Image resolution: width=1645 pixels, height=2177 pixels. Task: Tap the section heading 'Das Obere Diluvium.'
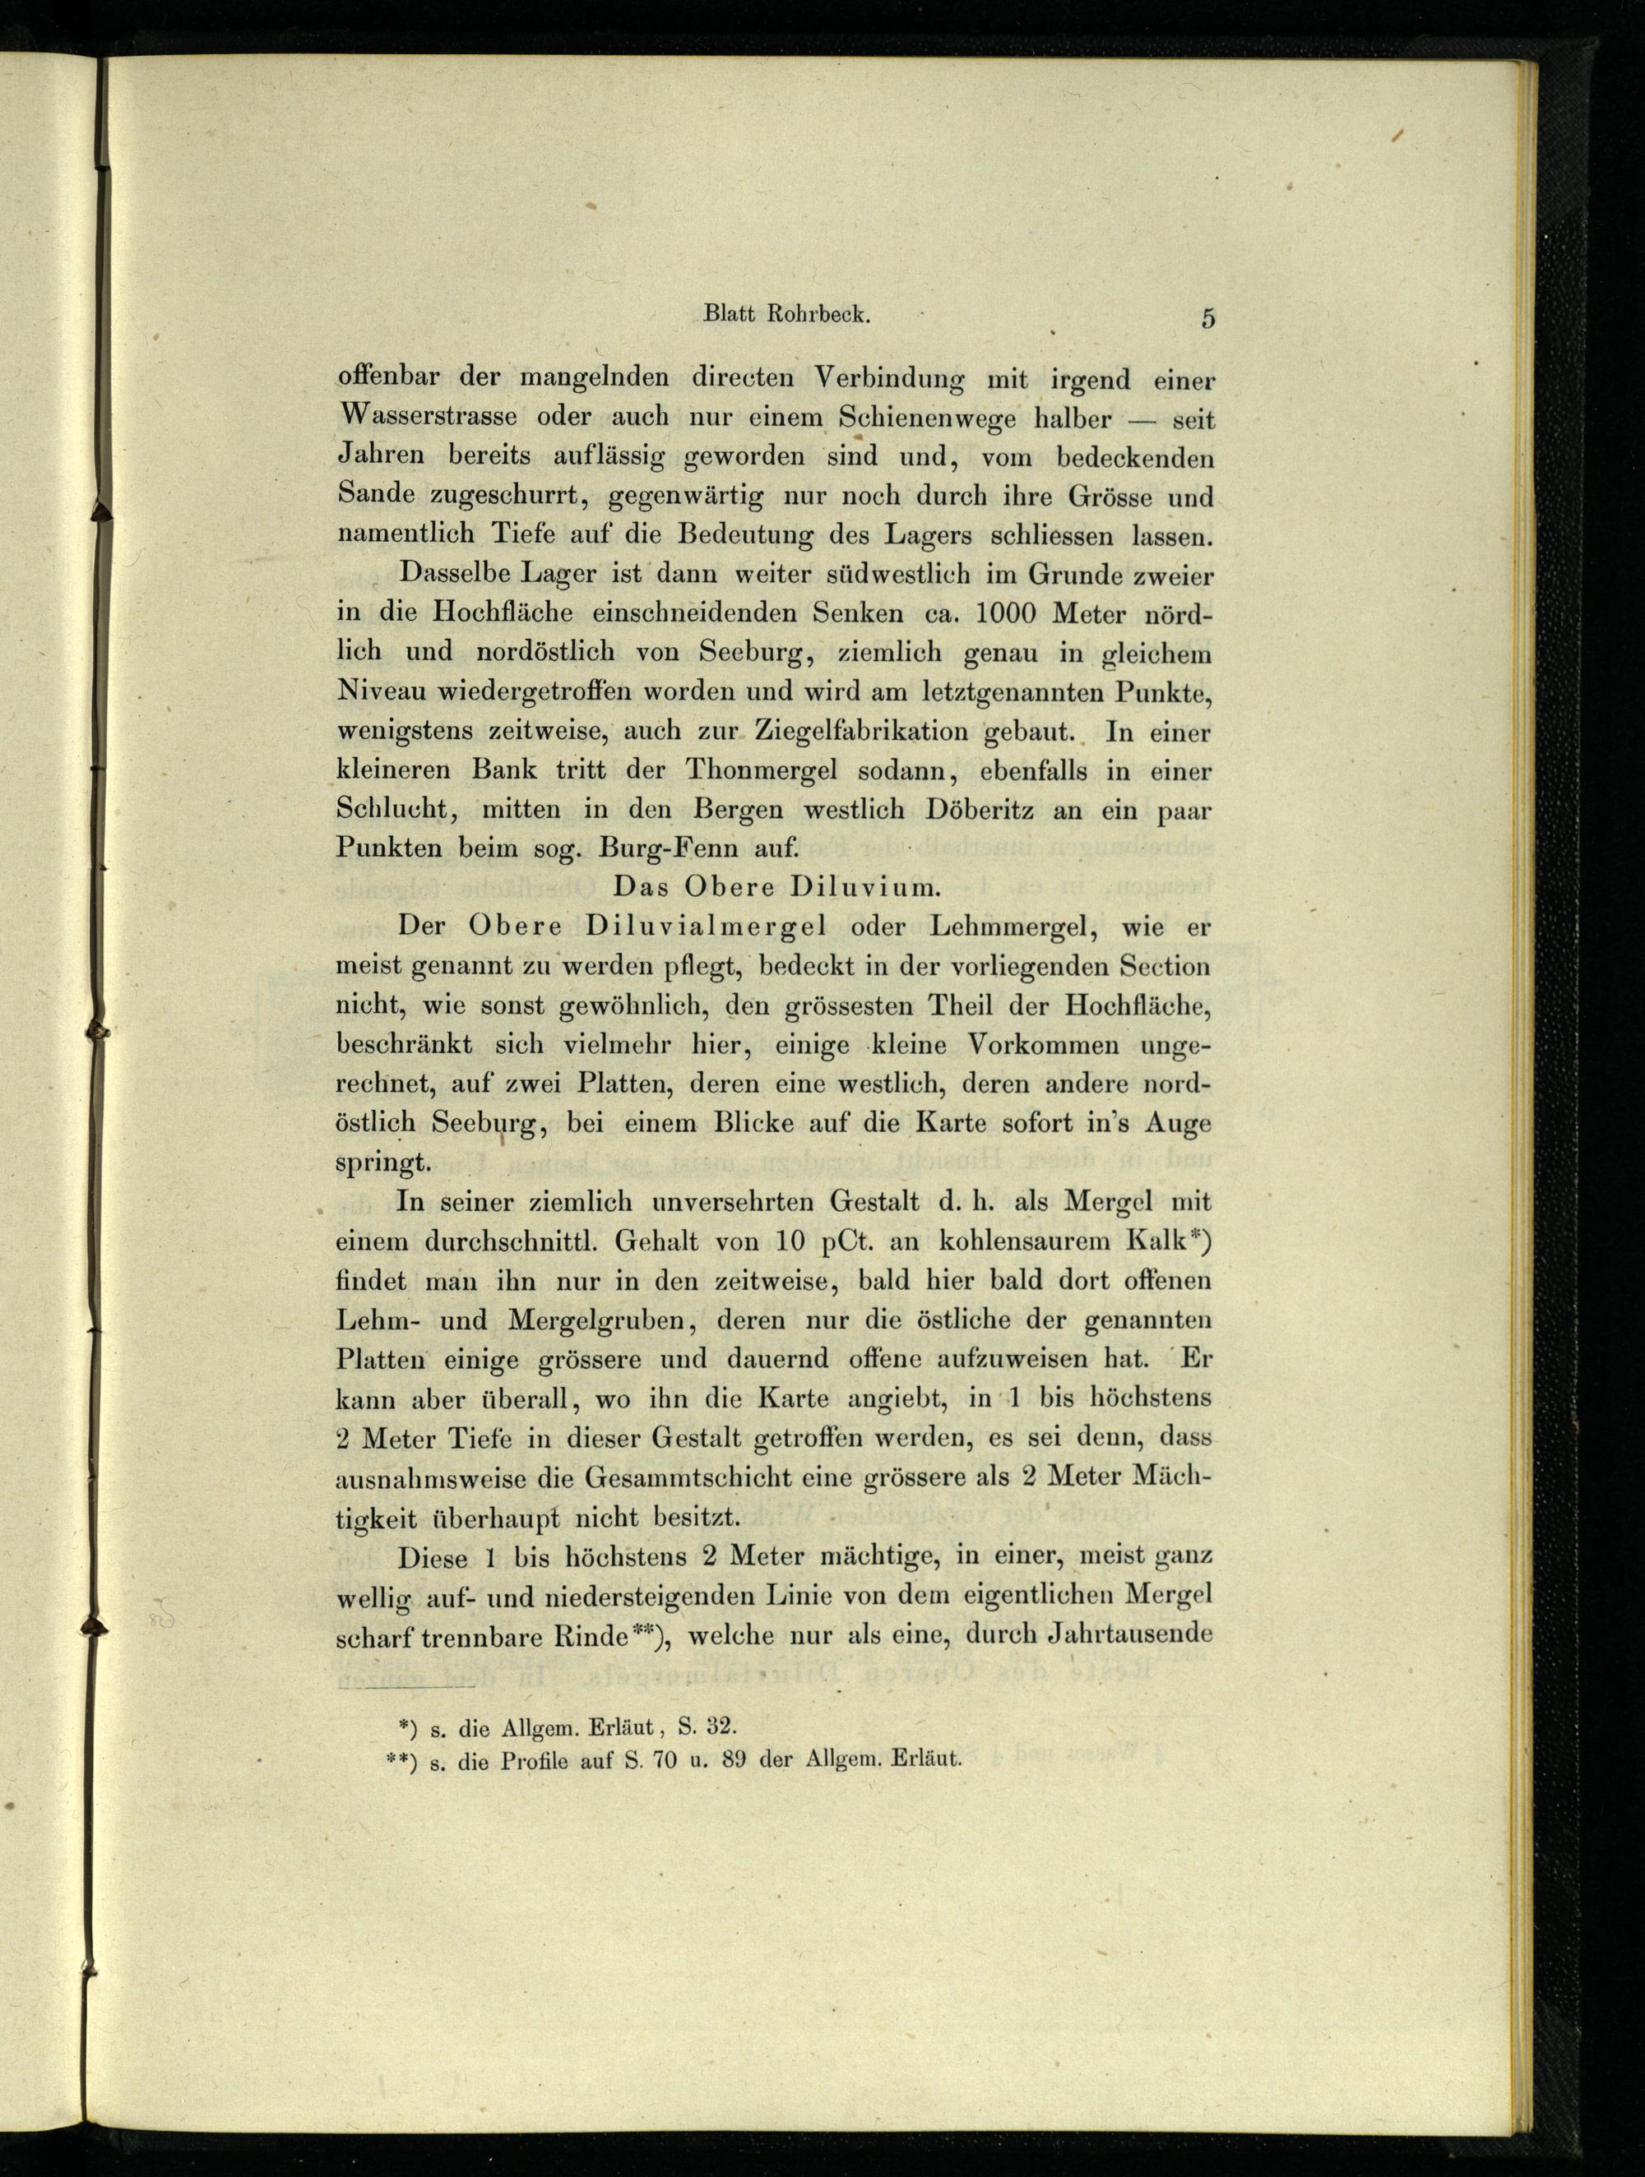pos(778,887)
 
